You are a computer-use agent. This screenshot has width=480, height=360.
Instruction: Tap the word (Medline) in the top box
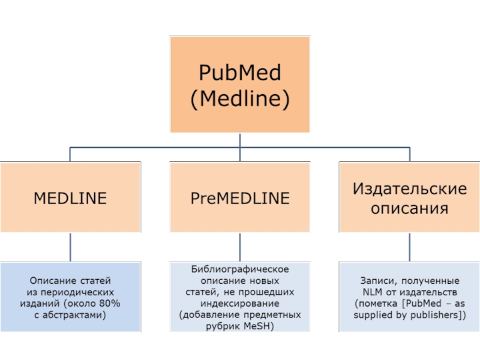tap(239, 99)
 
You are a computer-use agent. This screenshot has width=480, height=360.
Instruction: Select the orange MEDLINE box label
tap(70, 198)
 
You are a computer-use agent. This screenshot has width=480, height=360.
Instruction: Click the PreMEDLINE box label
tap(240, 198)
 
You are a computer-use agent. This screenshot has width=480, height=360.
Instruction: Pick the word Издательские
tap(410, 188)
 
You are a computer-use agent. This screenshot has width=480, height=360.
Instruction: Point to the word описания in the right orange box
tap(410, 209)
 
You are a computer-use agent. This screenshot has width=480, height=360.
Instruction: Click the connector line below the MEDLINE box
tap(70, 247)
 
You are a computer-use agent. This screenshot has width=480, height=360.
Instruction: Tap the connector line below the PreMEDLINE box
tap(240, 247)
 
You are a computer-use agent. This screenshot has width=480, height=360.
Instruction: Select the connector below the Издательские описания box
tap(410, 247)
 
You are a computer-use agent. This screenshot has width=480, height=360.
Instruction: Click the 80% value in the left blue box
tap(110, 303)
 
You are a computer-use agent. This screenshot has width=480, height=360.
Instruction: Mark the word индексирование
tap(240, 303)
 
